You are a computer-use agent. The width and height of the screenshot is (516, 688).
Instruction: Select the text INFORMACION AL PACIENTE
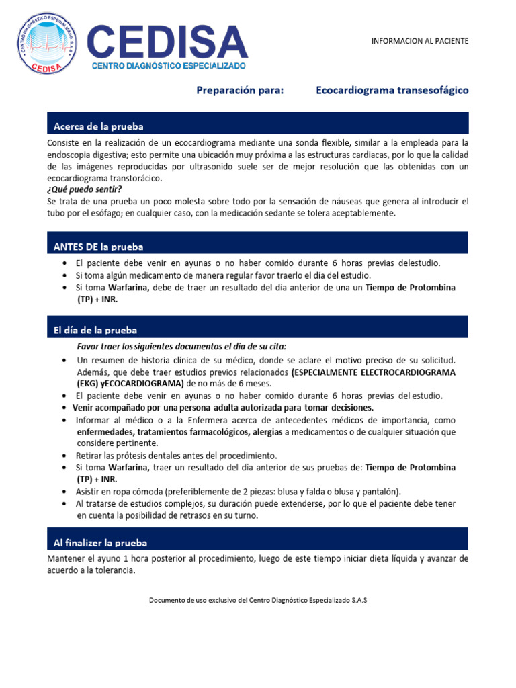pyautogui.click(x=420, y=41)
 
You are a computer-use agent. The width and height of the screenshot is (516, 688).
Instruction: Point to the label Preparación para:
pyautogui.click(x=239, y=90)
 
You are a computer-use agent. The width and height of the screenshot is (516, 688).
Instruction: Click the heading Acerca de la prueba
pyautogui.click(x=98, y=126)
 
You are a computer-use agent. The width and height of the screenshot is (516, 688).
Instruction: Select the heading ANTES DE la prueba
pyautogui.click(x=98, y=247)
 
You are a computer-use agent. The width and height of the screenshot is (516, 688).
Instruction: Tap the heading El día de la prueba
pyautogui.click(x=95, y=330)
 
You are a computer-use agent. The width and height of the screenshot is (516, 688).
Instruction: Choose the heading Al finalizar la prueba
pyautogui.click(x=100, y=542)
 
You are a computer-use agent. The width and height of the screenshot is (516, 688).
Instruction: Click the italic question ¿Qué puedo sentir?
pyautogui.click(x=85, y=189)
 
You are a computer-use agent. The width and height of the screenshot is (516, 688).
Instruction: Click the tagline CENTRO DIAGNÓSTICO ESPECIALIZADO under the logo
pyautogui.click(x=169, y=67)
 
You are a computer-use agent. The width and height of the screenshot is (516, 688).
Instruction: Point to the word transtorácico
pyautogui.click(x=135, y=179)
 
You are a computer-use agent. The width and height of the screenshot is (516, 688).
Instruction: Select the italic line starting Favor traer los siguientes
pyautogui.click(x=181, y=347)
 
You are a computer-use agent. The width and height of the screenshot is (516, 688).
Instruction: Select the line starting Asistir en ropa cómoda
pyautogui.click(x=238, y=491)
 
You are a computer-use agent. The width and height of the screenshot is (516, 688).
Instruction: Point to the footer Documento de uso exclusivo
pyautogui.click(x=258, y=599)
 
